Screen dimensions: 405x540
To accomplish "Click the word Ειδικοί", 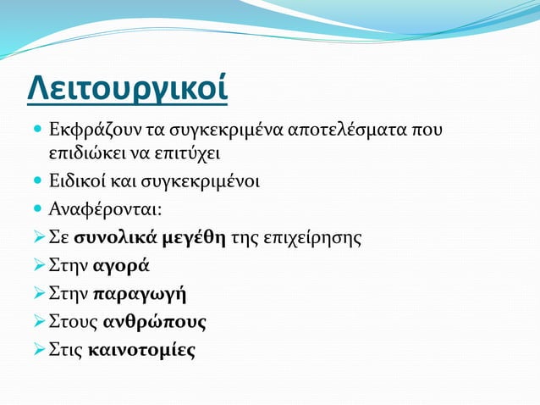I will pyautogui.click(x=77, y=180).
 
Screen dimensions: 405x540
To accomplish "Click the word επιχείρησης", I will pyautogui.click(x=312, y=237).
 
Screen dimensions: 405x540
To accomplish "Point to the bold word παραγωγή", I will pyautogui.click(x=140, y=294).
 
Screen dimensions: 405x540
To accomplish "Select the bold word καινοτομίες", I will pyautogui.click(x=141, y=351).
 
